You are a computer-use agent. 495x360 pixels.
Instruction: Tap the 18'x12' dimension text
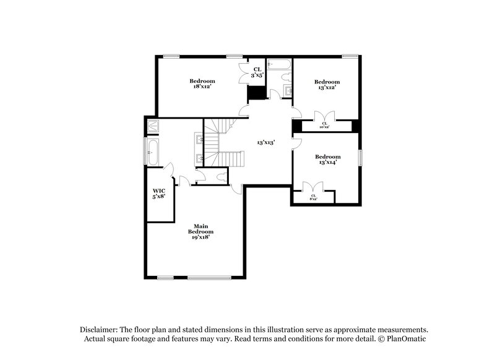(x=202, y=87)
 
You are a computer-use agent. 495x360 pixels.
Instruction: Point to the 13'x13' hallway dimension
(x=266, y=142)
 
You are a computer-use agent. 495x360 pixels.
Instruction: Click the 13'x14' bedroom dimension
(x=327, y=163)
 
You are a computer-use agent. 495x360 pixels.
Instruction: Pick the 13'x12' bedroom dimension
(x=327, y=87)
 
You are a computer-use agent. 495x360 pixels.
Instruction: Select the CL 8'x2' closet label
(x=313, y=197)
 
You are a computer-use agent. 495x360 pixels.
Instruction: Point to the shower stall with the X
(x=153, y=126)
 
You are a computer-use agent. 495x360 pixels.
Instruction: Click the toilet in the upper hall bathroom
(x=285, y=77)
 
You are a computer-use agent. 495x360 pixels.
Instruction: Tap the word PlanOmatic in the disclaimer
(x=407, y=339)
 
